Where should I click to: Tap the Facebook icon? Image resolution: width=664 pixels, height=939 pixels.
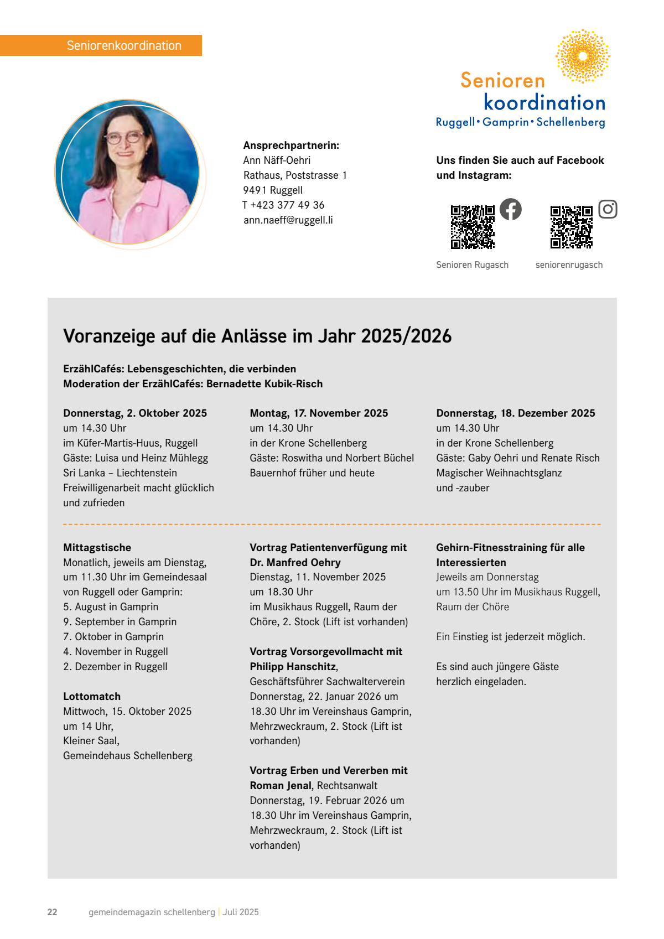tap(510, 209)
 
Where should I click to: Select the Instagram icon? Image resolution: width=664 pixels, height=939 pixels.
tap(608, 209)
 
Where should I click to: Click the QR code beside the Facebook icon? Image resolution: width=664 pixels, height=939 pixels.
tap(473, 227)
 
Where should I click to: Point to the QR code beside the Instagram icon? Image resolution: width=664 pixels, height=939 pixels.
tap(571, 227)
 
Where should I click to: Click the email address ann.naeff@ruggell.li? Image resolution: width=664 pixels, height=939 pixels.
tap(288, 220)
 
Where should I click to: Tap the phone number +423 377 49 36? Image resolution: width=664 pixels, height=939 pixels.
tap(287, 205)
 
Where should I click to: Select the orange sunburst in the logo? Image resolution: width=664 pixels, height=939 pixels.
tap(583, 56)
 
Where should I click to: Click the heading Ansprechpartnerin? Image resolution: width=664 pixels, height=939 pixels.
tap(291, 146)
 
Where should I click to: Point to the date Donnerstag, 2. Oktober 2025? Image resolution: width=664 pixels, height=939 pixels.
tap(135, 413)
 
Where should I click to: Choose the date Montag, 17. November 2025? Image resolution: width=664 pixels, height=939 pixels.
tap(319, 413)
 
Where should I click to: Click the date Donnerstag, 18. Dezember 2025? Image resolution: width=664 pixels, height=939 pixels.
tap(515, 413)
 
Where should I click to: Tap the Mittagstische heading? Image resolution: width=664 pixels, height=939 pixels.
tap(97, 548)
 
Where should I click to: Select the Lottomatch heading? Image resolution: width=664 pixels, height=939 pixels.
tap(92, 697)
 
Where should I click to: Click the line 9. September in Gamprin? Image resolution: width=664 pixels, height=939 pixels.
tap(120, 622)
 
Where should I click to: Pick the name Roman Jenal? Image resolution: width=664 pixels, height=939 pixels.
tap(281, 786)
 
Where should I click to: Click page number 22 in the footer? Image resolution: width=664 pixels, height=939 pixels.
tap(53, 912)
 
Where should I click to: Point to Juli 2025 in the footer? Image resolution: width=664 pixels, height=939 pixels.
tap(241, 912)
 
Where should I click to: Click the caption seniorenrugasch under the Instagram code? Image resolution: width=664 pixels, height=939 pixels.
tap(569, 265)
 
